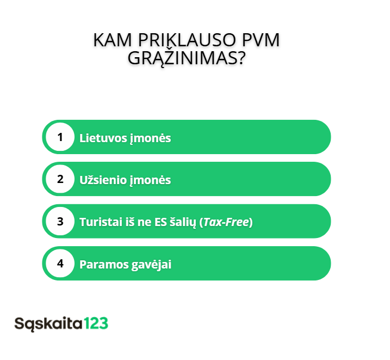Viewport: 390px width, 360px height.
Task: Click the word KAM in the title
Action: pos(113,40)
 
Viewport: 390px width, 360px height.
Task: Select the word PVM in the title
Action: pos(261,40)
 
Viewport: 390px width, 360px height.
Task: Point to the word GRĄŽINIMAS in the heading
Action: pos(182,58)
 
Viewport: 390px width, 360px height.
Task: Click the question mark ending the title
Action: pos(242,58)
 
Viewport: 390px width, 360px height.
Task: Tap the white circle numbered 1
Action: pos(60,137)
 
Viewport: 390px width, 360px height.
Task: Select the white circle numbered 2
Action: pos(60,179)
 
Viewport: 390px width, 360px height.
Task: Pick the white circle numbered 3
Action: pos(60,221)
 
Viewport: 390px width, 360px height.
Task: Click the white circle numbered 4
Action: pos(60,263)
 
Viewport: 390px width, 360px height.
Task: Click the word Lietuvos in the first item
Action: pos(103,138)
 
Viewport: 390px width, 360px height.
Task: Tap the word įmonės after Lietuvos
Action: pos(150,138)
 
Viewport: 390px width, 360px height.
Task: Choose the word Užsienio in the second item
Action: pos(103,180)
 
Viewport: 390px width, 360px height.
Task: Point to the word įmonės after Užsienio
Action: pos(150,180)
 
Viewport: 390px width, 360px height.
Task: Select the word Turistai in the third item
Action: pos(101,222)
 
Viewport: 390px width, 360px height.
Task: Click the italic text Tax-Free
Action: pos(226,222)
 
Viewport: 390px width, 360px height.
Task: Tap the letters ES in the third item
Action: pos(160,222)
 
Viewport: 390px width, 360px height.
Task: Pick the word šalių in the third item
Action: pos(183,222)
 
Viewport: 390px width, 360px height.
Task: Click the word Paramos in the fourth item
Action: pos(104,264)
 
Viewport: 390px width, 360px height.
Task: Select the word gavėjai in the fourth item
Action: pos(151,265)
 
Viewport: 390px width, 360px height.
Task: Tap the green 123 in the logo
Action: pos(96,324)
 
